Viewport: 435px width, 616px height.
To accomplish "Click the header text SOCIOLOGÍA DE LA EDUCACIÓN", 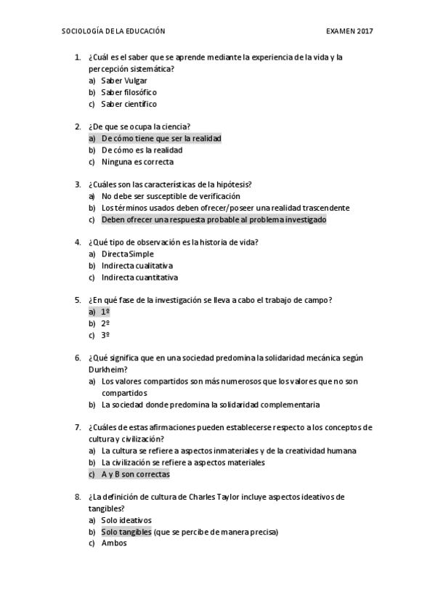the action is coord(114,31).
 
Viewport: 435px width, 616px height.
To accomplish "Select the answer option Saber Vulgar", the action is coord(124,81).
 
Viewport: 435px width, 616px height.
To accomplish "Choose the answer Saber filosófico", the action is coord(129,92).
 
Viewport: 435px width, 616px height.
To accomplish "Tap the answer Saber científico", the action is coord(129,104).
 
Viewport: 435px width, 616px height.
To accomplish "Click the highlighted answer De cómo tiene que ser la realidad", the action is coord(161,138).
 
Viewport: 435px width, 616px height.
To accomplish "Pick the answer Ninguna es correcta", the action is coord(137,161).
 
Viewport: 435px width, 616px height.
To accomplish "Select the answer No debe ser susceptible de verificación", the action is coord(171,196).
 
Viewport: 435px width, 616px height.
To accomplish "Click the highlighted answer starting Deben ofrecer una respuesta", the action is coord(214,219).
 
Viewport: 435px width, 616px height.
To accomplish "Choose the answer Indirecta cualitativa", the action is coord(137,265).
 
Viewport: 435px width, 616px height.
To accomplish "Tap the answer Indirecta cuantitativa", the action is coord(139,277).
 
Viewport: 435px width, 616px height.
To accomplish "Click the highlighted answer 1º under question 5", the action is coord(105,312).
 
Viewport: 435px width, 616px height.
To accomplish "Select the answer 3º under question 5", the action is coord(105,335).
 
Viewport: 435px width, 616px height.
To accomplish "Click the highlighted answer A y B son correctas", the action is coord(135,474).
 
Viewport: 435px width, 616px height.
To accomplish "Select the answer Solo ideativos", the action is coord(126,520).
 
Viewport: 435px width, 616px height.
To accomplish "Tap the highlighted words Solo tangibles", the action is coord(126,532).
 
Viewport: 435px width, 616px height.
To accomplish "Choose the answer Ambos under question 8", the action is coord(114,543).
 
